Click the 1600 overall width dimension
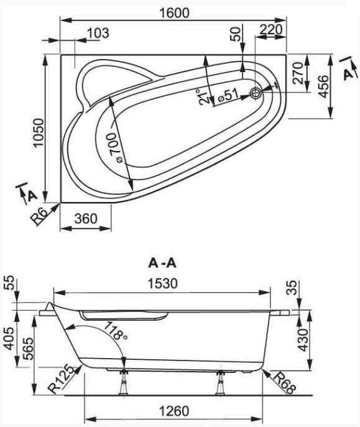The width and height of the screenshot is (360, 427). pyautogui.click(x=174, y=13)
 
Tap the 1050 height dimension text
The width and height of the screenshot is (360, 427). pyautogui.click(x=39, y=133)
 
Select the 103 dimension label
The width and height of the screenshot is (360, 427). pyautogui.click(x=98, y=33)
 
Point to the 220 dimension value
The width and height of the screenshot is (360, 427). pyautogui.click(x=270, y=29)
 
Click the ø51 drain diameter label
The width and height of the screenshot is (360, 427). pyautogui.click(x=228, y=95)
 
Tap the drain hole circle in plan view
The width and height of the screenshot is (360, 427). pyautogui.click(x=256, y=93)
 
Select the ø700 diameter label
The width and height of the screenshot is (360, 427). pyautogui.click(x=116, y=147)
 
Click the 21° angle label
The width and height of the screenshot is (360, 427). pyautogui.click(x=203, y=97)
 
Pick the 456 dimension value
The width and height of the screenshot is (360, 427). pyautogui.click(x=323, y=86)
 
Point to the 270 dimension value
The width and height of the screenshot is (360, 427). pyautogui.click(x=298, y=73)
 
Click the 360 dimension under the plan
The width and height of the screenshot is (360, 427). pyautogui.click(x=86, y=218)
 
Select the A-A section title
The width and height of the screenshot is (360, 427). pyautogui.click(x=162, y=263)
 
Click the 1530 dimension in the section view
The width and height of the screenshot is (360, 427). pyautogui.click(x=162, y=283)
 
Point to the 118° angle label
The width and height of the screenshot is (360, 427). pyautogui.click(x=116, y=330)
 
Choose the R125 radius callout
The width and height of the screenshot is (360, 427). pyautogui.click(x=61, y=380)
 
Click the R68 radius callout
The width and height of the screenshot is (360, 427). pyautogui.click(x=284, y=383)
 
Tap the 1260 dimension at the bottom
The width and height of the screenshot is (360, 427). pyautogui.click(x=173, y=411)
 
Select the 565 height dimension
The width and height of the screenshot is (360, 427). pyautogui.click(x=28, y=349)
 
